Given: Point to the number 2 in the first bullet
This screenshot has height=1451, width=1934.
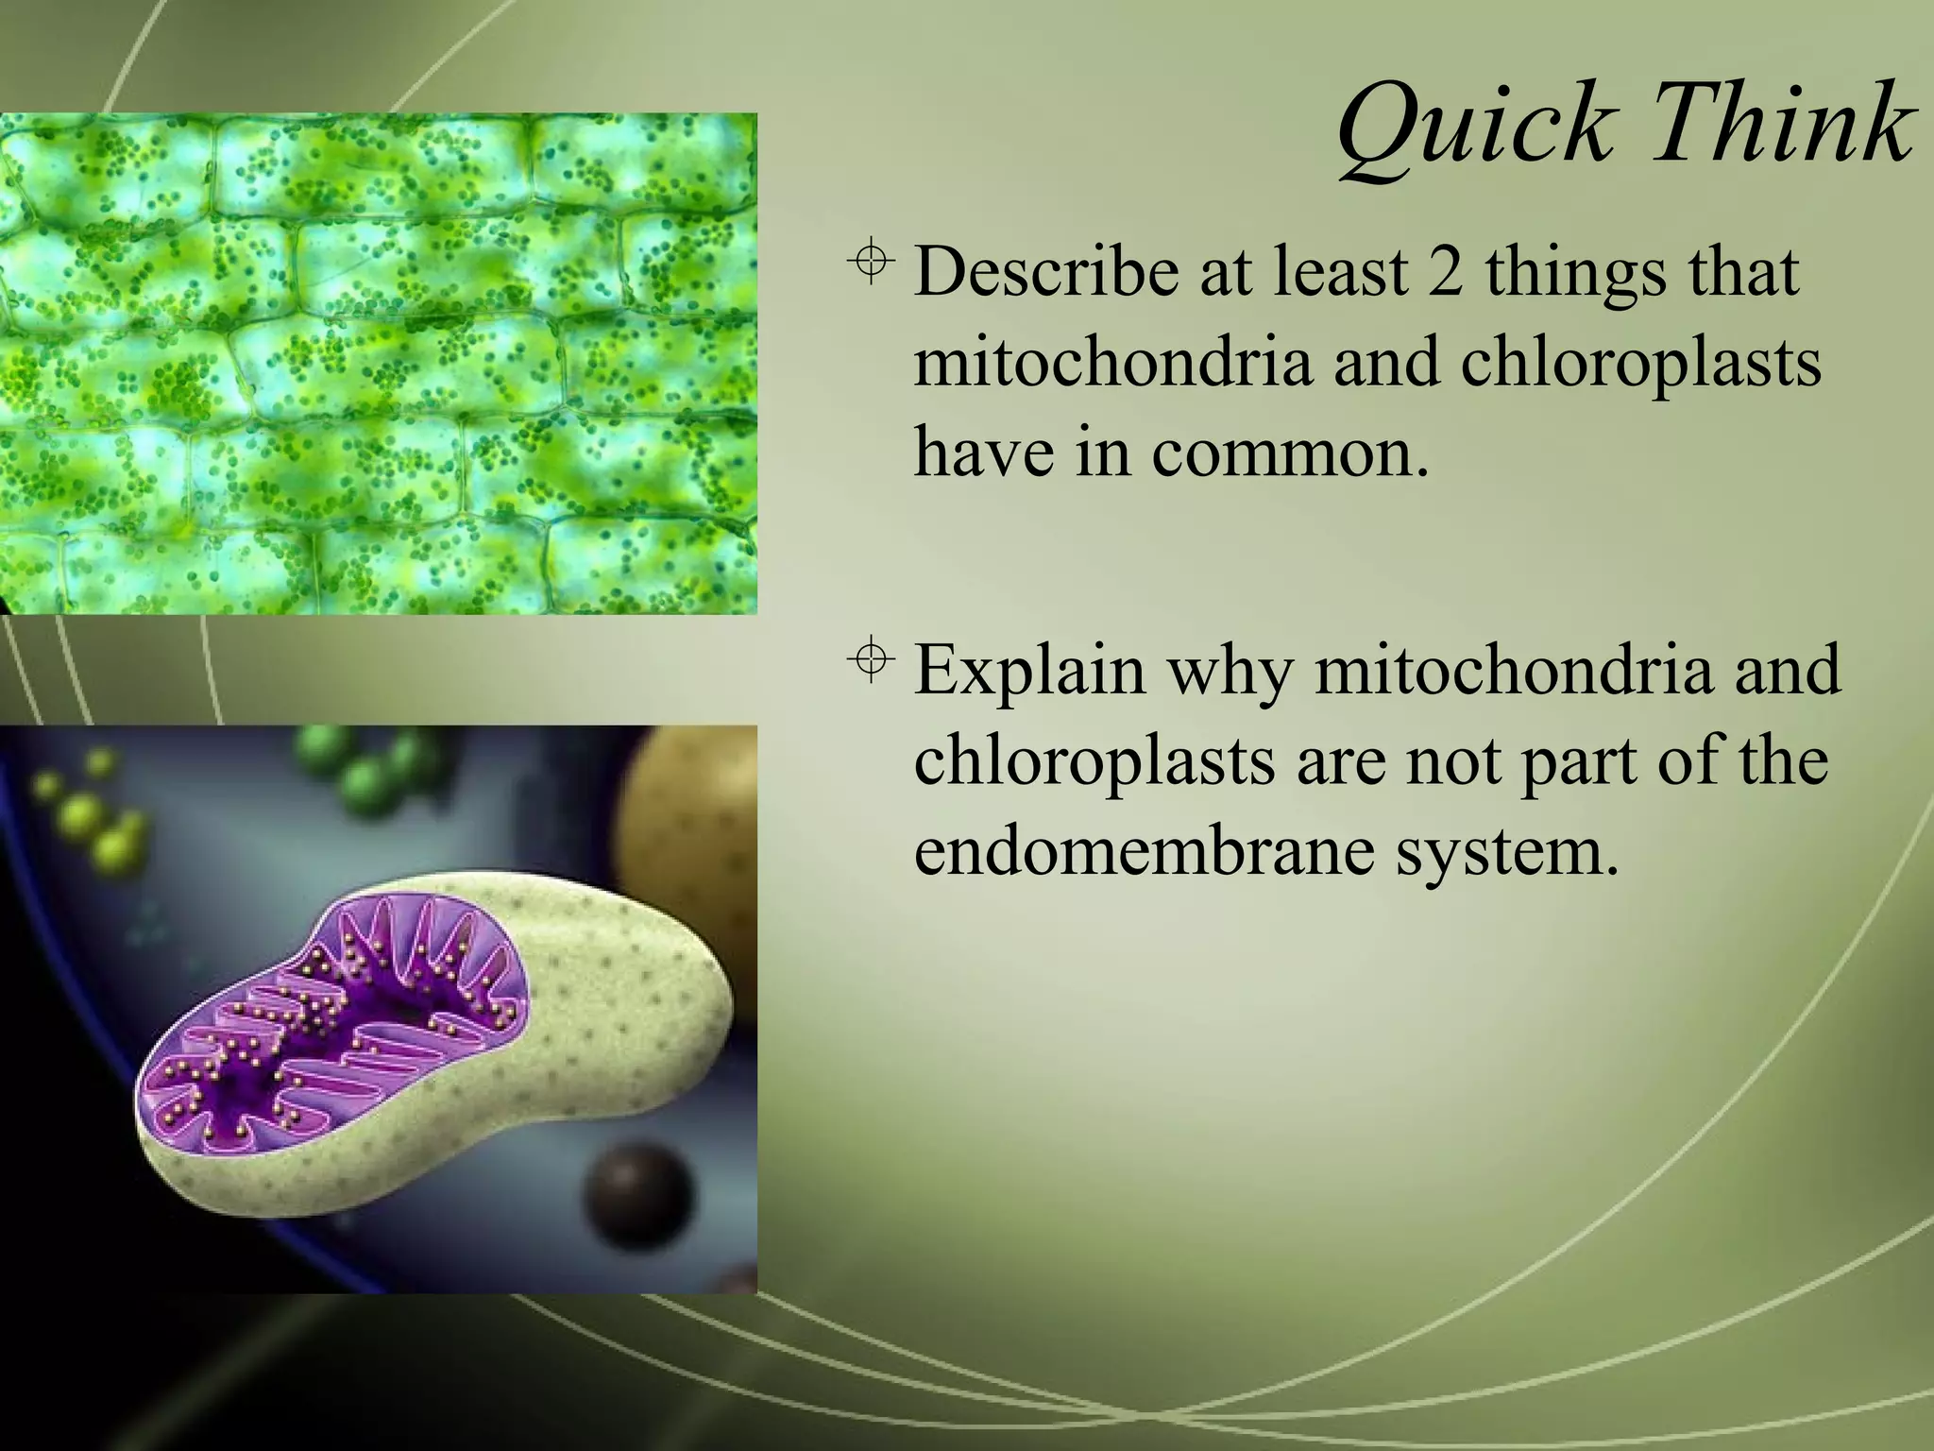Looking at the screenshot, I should [x=1446, y=272].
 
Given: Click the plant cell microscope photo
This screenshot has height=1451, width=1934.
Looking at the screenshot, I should [x=378, y=364].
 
